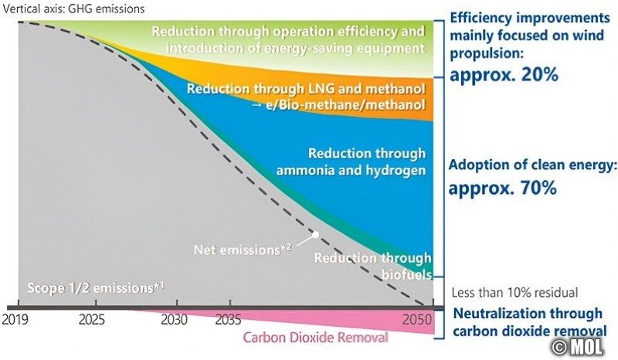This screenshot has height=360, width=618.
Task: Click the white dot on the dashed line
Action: pos(316,233)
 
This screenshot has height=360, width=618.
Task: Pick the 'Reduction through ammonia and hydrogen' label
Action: pos(366,161)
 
